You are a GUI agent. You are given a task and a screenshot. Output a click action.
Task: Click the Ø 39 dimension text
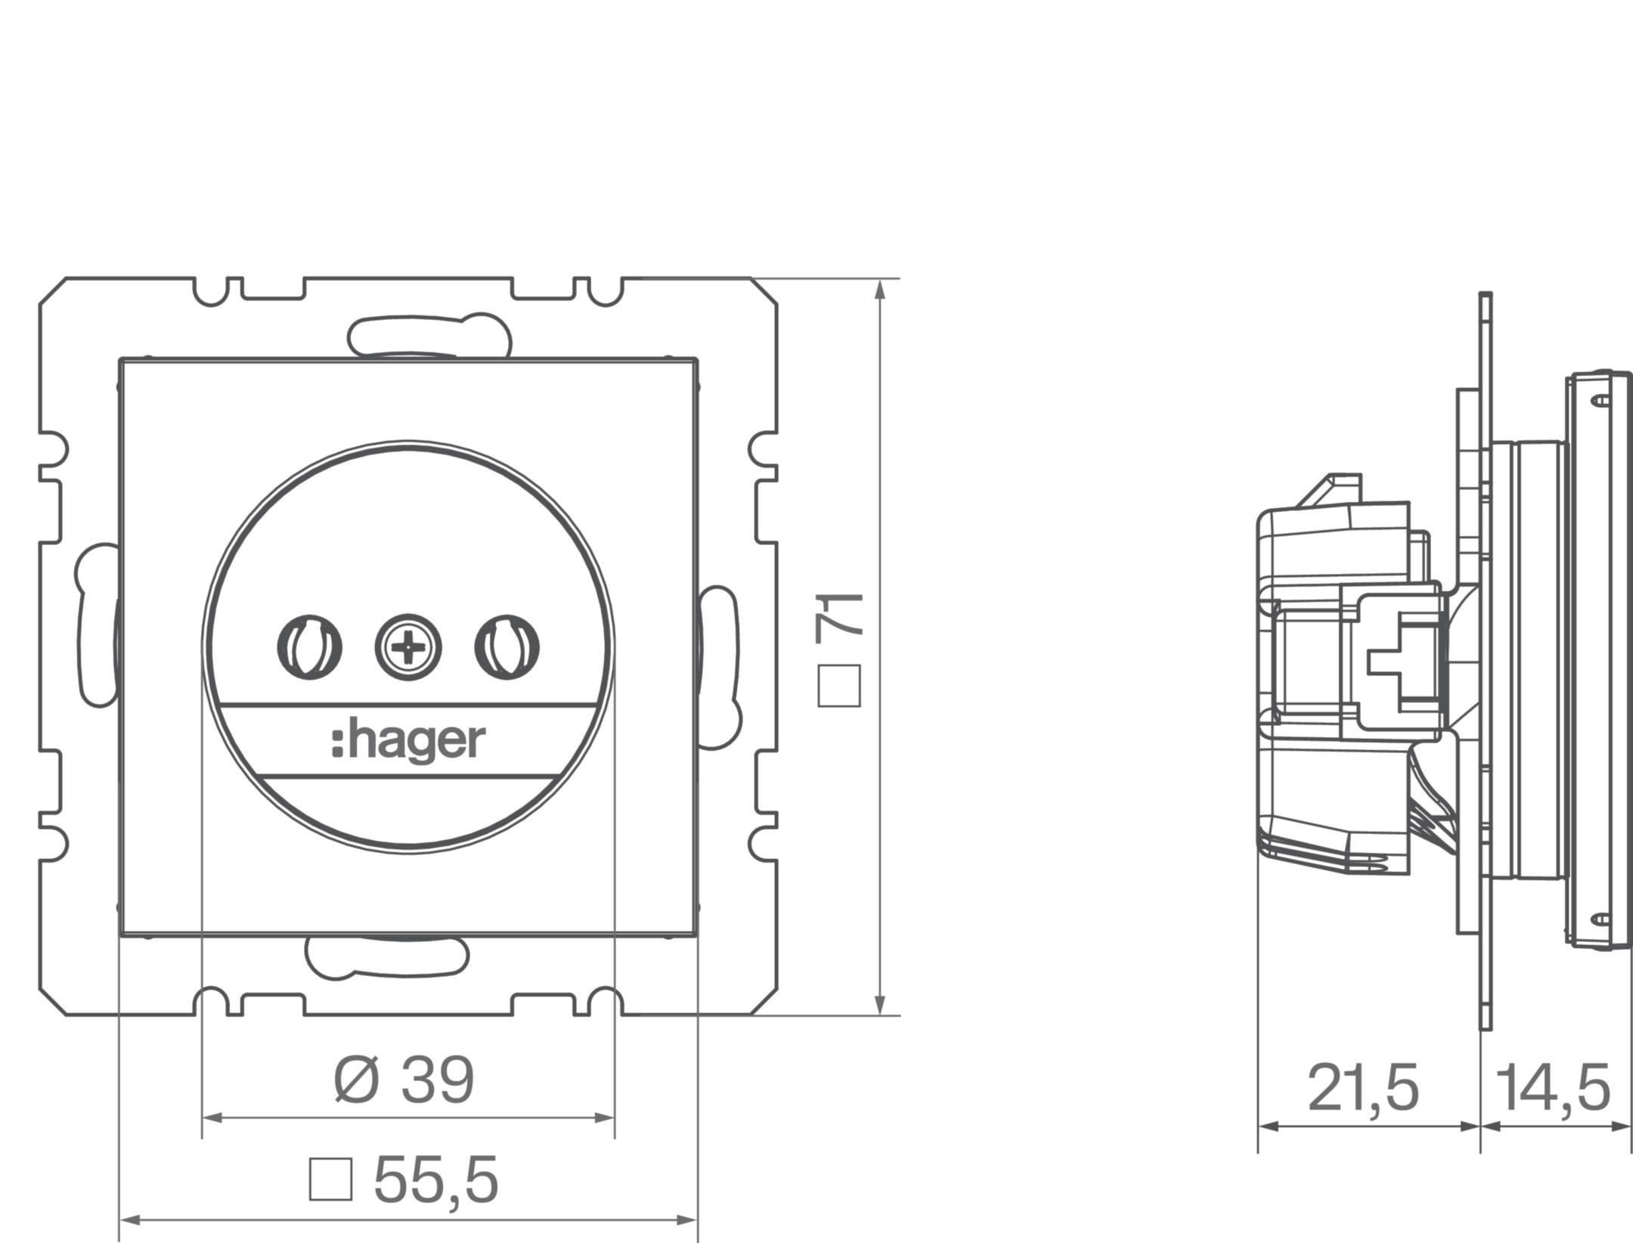point(404,1080)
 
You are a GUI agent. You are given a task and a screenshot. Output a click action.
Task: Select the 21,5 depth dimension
point(1363,1089)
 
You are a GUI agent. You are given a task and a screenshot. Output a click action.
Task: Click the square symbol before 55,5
point(330,1179)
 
